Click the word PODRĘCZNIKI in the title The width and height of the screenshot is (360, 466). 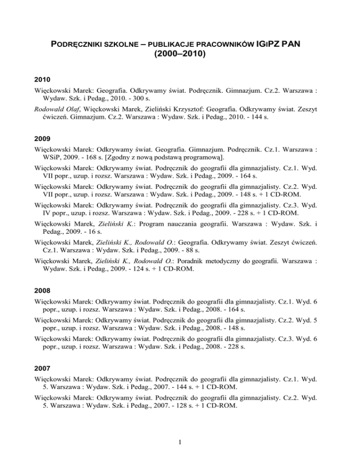tap(78, 45)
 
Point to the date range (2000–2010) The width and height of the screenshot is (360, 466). tap(180, 54)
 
